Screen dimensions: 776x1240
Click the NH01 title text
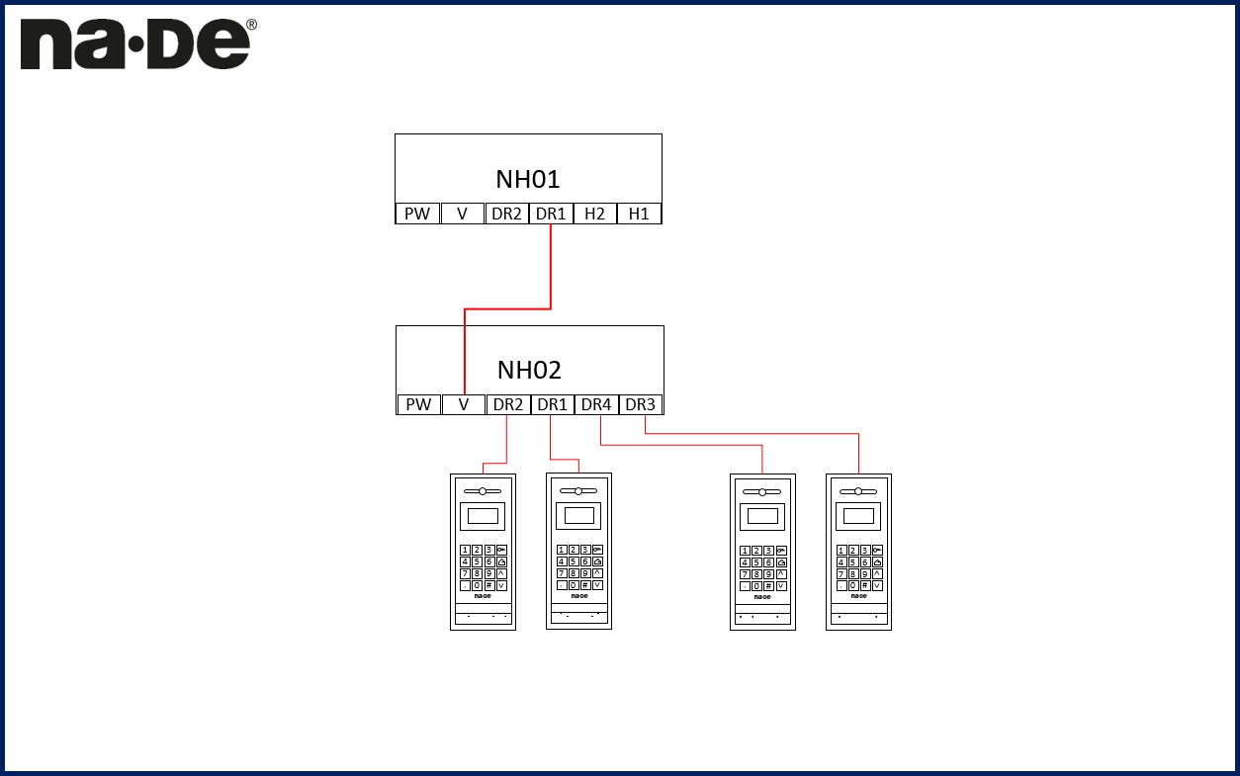click(x=528, y=179)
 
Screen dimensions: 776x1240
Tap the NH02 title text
click(x=529, y=370)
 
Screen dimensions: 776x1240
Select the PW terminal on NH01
click(x=417, y=214)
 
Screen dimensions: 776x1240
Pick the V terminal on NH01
click(x=462, y=214)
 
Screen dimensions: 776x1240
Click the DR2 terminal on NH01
click(x=506, y=214)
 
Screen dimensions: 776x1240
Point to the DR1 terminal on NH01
click(x=551, y=214)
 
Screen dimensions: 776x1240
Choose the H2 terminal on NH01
click(x=594, y=214)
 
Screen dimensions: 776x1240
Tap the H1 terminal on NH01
click(x=639, y=214)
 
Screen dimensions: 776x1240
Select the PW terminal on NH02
click(x=418, y=404)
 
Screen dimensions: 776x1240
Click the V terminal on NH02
click(x=463, y=404)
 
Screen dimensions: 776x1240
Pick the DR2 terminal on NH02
click(x=508, y=404)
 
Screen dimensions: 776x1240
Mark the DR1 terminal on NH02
click(x=552, y=404)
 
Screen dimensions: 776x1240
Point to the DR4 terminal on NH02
click(x=596, y=404)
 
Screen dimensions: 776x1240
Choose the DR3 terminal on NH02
click(x=641, y=404)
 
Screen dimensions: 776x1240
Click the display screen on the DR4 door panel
click(x=762, y=515)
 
